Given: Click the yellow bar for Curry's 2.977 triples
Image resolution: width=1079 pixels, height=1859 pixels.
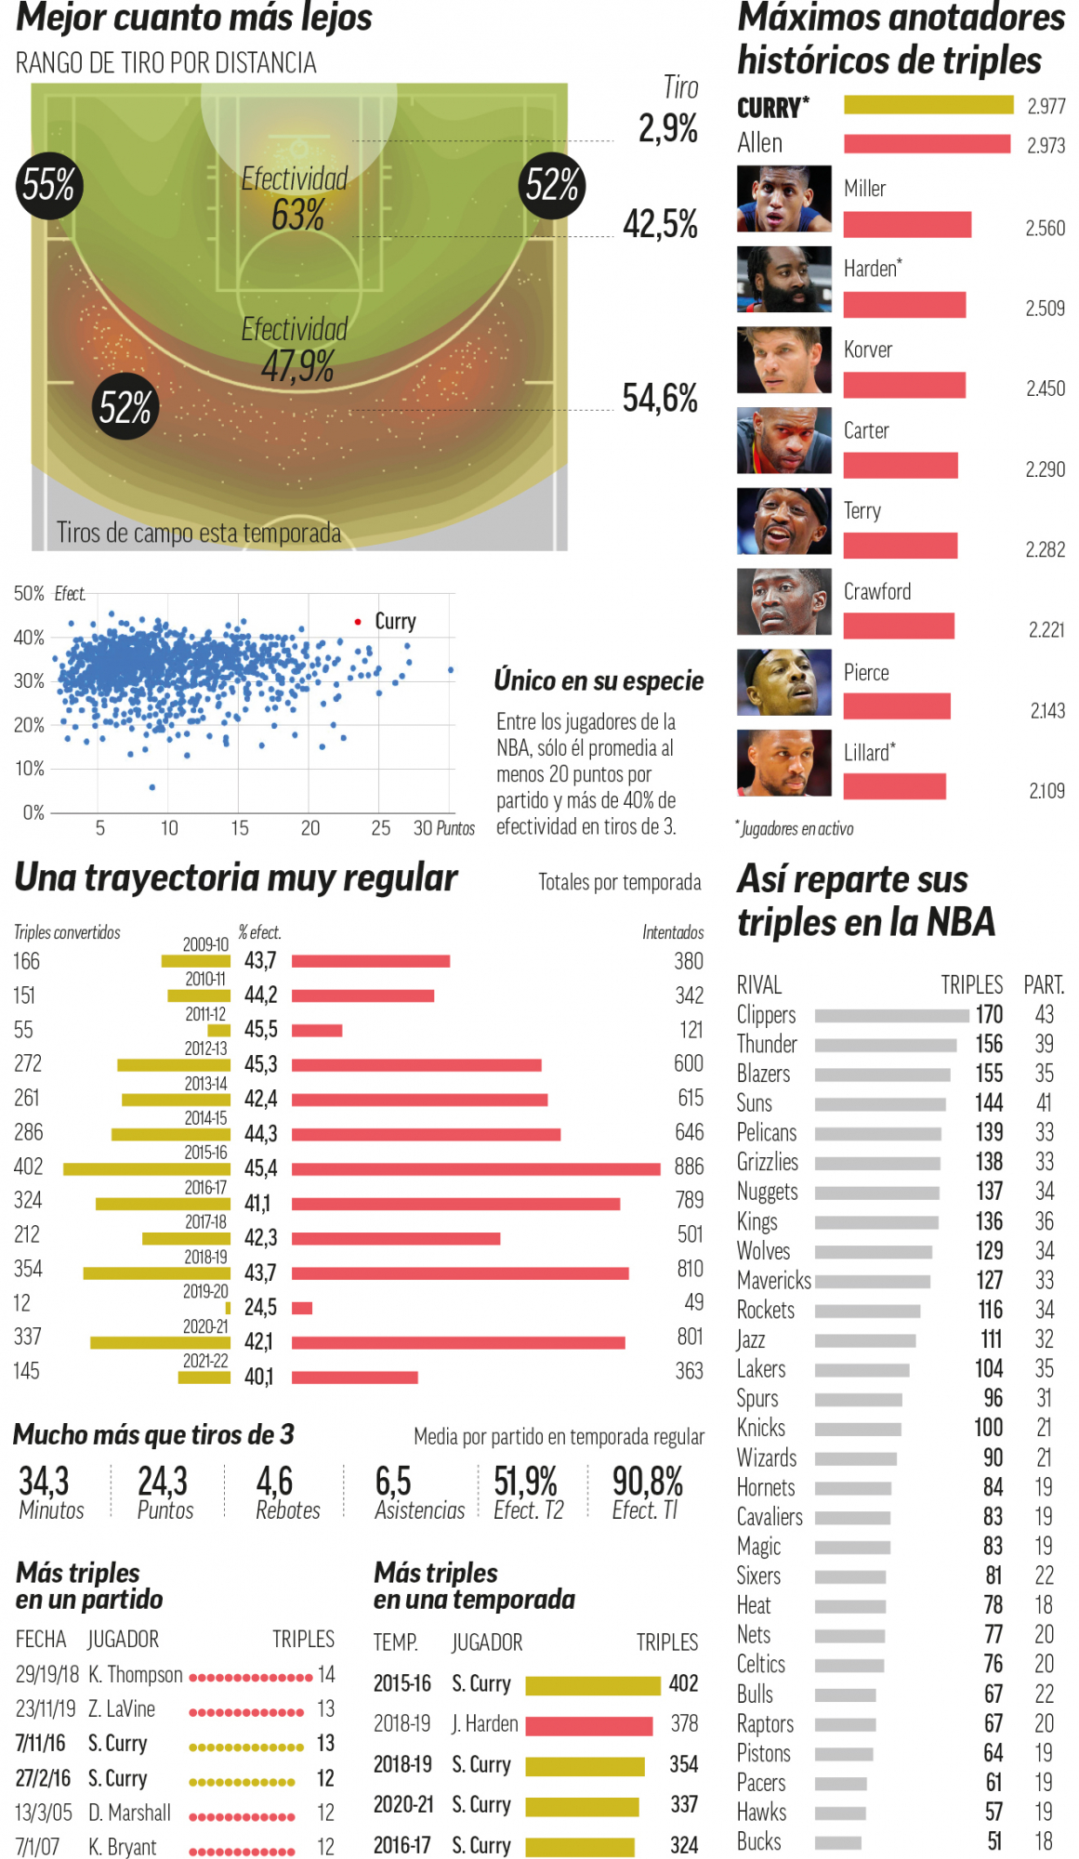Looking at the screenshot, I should [928, 104].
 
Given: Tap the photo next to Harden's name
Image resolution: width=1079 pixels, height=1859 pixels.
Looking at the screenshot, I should [783, 279].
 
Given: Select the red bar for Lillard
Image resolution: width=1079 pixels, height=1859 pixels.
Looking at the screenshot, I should [894, 786].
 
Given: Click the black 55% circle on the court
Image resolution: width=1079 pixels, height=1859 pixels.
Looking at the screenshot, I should [48, 186].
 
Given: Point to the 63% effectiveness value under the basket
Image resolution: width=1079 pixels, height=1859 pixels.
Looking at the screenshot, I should [297, 216].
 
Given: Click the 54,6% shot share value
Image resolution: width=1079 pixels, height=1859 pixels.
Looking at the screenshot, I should [660, 399].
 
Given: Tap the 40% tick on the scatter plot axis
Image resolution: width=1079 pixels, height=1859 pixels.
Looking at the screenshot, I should [29, 638].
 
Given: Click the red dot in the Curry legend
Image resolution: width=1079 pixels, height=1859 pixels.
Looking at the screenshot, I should [358, 621].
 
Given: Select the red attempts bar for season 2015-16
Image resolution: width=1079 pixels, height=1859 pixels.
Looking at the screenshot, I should [476, 1168].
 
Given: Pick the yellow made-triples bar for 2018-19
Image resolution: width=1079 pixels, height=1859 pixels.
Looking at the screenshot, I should [156, 1272].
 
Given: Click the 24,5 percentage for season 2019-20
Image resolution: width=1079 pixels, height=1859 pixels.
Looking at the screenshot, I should [260, 1308].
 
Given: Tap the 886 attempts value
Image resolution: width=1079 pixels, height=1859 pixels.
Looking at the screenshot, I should [689, 1167].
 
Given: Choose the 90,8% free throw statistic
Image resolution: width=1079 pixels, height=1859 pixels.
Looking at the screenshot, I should [647, 1482].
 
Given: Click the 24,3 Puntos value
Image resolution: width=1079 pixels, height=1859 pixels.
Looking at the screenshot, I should [163, 1482].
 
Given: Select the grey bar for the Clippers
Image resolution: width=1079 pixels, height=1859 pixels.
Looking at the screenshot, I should [891, 1016].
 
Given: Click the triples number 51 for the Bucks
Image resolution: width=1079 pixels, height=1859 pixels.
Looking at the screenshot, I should [993, 1841].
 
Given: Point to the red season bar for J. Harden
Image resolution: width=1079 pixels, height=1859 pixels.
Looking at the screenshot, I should [588, 1726].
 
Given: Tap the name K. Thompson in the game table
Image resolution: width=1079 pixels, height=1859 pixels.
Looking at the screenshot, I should [136, 1675].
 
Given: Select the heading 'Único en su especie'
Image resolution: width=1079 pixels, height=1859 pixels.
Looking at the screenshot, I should [599, 680].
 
